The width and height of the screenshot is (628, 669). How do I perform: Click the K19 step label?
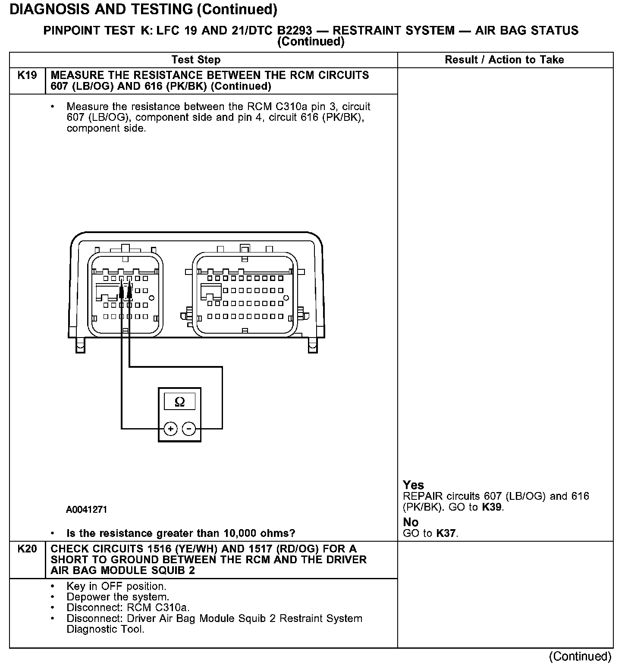coord(27,76)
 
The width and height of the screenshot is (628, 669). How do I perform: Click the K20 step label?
coord(27,549)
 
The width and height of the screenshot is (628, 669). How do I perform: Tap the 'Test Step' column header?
coord(196,60)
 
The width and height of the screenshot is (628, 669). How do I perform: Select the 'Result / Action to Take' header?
coord(504,60)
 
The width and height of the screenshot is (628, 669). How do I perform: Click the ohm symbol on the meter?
coord(180,402)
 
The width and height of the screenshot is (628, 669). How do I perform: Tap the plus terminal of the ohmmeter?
coord(171,429)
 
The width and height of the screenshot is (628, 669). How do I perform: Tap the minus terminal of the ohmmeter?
coord(189,429)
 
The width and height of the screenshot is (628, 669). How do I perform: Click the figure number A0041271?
coord(86,510)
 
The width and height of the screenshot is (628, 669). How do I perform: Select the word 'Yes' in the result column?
coord(413,485)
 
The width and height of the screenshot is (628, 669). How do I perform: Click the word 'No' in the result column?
coord(411,522)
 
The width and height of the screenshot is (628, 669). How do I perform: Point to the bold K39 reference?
coord(492,507)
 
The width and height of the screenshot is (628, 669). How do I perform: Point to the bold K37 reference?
coord(446,533)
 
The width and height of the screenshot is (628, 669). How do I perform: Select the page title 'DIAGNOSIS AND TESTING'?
coord(104,9)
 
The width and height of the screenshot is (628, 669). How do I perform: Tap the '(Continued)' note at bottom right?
coord(580,656)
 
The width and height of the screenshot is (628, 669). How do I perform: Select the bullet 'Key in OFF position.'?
coord(116,587)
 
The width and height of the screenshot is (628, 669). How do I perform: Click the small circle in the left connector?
coord(151,298)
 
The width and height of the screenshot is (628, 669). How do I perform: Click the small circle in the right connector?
coord(286,298)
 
